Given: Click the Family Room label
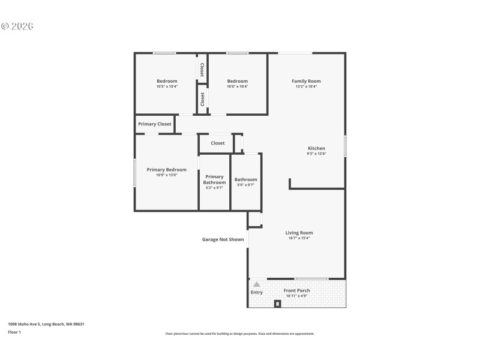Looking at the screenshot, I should tap(306, 81).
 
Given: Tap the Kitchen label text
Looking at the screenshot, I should tap(316, 148).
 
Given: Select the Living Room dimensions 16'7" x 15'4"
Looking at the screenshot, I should tap(298, 238).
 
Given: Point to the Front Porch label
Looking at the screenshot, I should tap(298, 290).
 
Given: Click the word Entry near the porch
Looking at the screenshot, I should tap(256, 292).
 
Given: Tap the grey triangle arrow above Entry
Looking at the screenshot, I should tap(256, 284).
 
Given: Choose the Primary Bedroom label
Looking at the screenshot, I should tap(166, 170).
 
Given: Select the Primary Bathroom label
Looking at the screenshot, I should tap(214, 179).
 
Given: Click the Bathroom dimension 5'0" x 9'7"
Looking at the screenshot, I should tap(245, 185).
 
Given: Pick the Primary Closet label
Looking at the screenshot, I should tap(155, 124).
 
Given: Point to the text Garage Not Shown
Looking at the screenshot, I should tap(223, 239).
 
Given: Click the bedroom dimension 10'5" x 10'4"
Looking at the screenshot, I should tap(167, 86).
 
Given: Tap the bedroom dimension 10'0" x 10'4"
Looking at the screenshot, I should tap(237, 86).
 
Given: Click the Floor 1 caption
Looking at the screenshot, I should tap(14, 332).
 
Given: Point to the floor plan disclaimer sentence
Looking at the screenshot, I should tap(239, 334).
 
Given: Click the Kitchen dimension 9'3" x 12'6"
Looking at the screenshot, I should tap(316, 154).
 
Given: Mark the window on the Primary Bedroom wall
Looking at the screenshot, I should tap(134, 172).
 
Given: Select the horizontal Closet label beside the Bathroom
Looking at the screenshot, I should tap(217, 143).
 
